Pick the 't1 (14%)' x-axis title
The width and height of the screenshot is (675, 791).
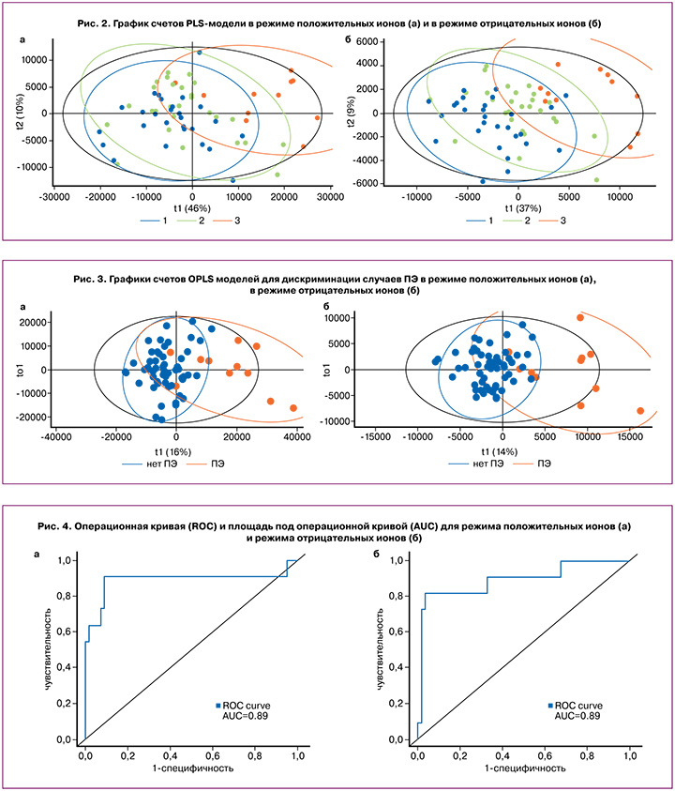502,451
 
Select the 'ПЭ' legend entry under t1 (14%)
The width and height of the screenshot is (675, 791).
543,464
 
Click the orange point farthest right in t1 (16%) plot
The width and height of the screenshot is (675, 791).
293,408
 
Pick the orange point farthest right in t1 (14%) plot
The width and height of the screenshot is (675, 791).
640,411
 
